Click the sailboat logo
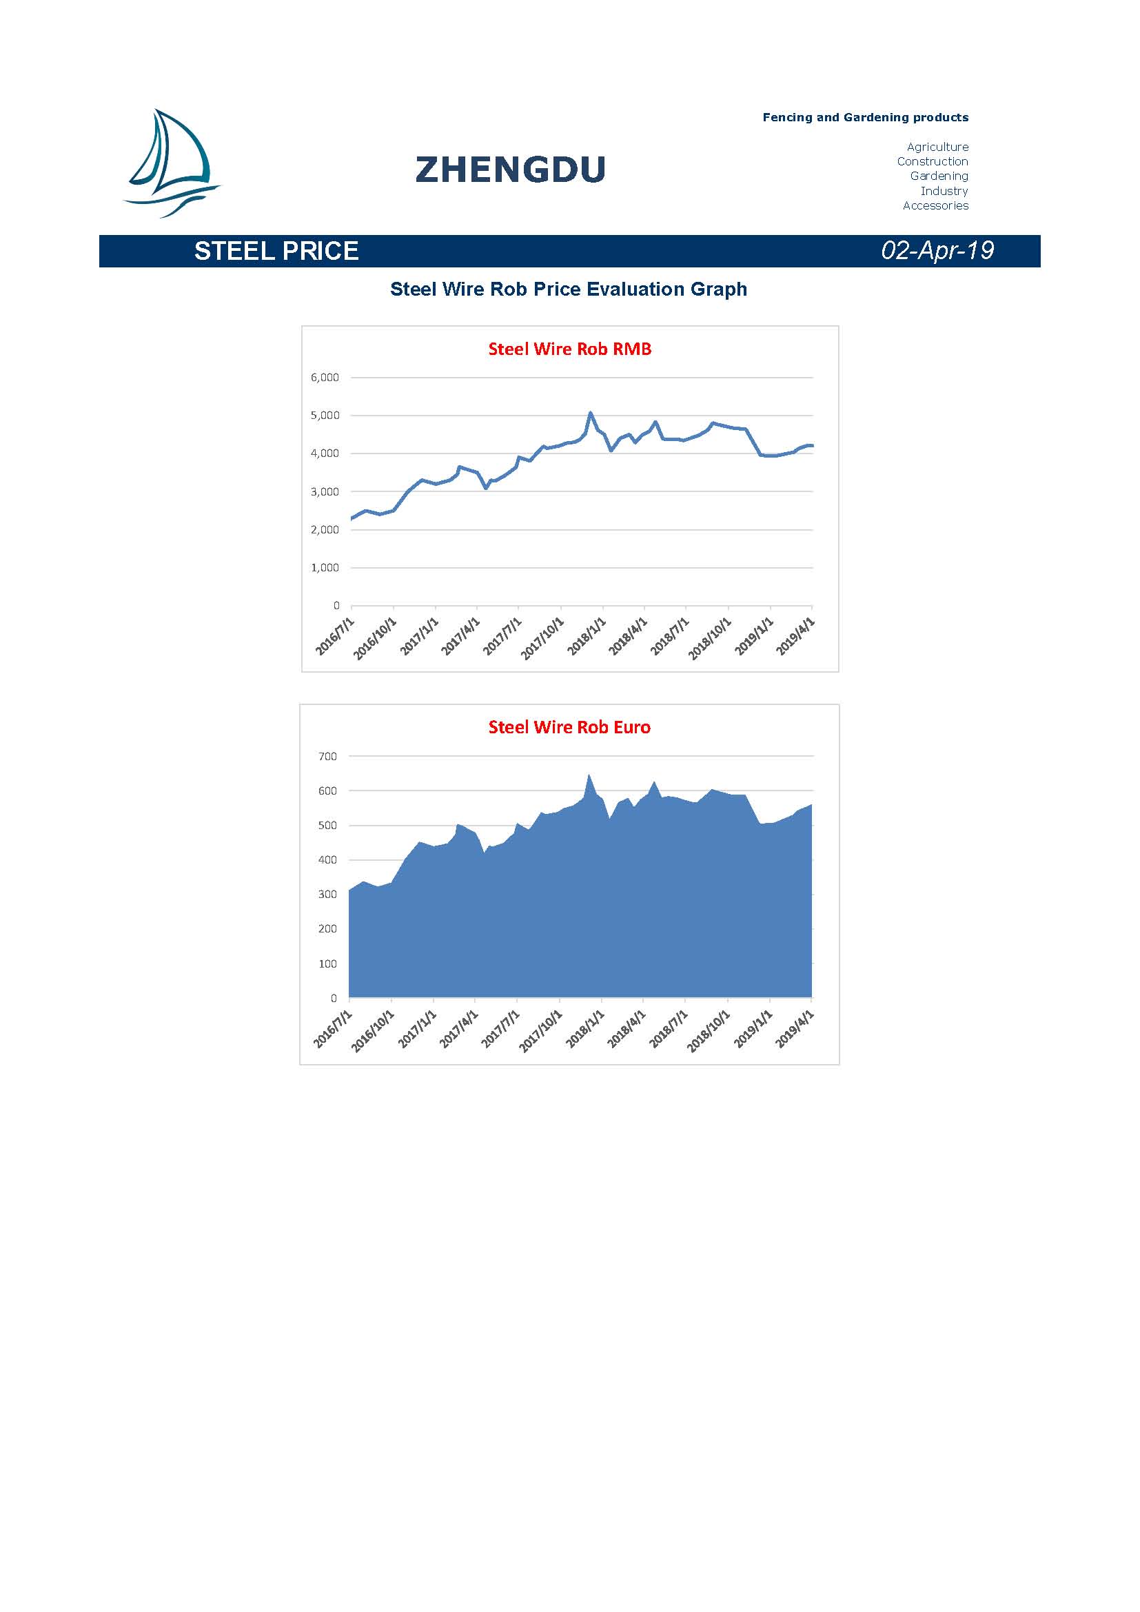click(172, 163)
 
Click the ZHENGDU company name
click(510, 170)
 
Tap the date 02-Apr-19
click(937, 251)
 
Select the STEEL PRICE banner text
click(276, 251)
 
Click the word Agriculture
click(937, 147)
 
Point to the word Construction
click(933, 161)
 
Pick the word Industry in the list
click(944, 191)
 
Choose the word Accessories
click(935, 205)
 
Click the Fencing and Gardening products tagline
click(866, 117)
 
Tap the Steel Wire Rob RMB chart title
click(570, 349)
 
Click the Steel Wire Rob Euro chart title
click(569, 727)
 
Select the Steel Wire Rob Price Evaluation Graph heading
click(569, 289)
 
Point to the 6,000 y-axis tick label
click(325, 378)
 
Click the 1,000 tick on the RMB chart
click(325, 567)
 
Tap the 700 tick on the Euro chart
click(328, 756)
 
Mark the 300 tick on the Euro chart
click(328, 895)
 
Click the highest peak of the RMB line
click(591, 413)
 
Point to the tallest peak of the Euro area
click(589, 775)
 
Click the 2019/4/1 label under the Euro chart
click(795, 1029)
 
